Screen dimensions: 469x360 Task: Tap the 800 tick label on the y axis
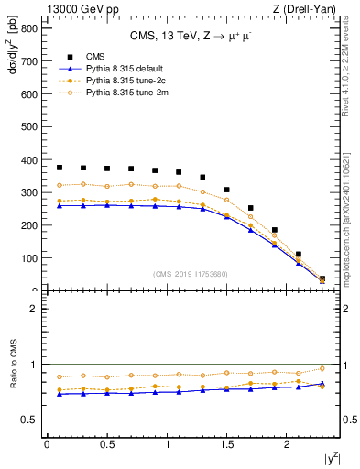[x=28, y=28]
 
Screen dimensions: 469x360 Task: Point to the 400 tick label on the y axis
[x=28, y=160]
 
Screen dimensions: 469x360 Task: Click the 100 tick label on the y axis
[x=28, y=258]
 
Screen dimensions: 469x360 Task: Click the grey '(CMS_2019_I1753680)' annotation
[x=191, y=274]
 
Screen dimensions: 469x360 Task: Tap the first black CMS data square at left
[x=60, y=168]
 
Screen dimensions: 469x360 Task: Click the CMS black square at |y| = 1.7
[x=251, y=208]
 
